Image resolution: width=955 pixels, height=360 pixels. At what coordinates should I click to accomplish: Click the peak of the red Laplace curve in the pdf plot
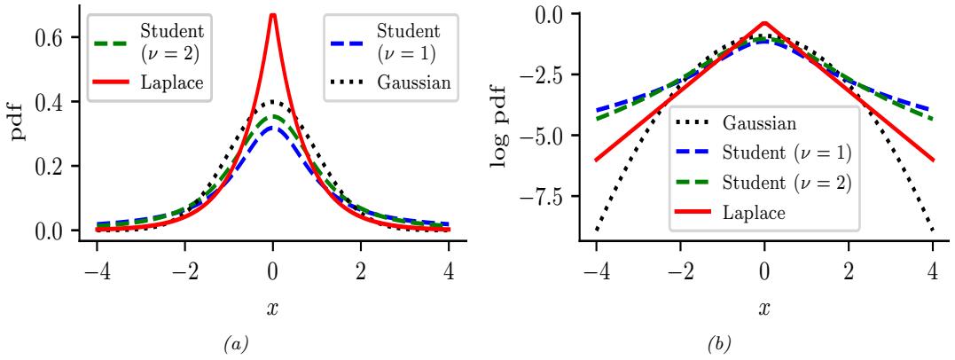pos(273,15)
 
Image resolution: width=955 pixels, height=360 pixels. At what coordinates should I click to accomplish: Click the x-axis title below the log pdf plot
pos(763,311)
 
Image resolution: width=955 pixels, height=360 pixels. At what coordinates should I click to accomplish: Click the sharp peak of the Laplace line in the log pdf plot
pos(763,24)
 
